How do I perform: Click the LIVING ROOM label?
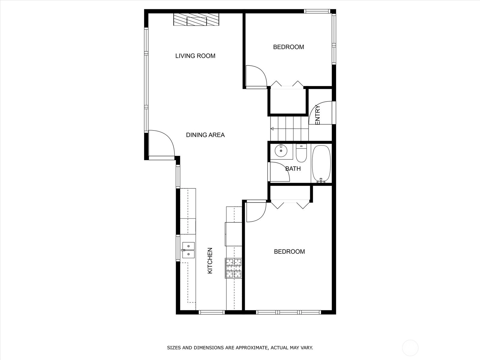coord(195,56)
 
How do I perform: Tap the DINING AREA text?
coord(205,135)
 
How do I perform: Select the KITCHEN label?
coord(210,260)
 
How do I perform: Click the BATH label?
coord(293,169)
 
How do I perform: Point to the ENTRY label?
coord(317,115)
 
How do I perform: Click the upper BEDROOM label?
coord(288,47)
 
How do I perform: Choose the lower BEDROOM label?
coord(289,252)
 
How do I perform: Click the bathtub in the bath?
coord(321,164)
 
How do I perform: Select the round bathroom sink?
coord(281,151)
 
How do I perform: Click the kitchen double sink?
coord(188,250)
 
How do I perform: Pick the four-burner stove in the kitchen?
coord(233,268)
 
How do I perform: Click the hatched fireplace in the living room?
coord(196,19)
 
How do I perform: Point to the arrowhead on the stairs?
coord(272,129)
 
